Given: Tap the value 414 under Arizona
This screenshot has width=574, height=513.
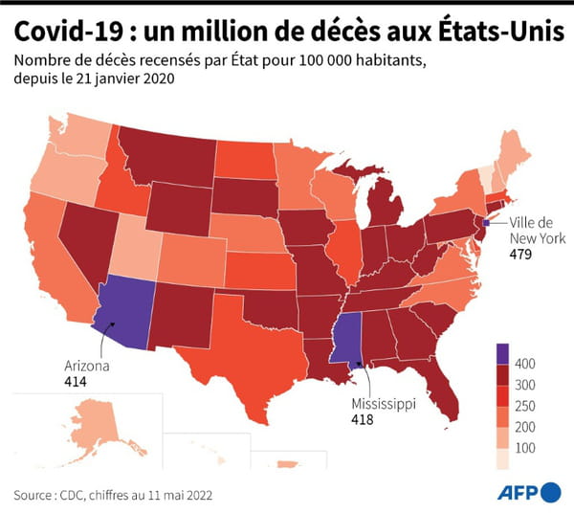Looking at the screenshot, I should pos(76,381).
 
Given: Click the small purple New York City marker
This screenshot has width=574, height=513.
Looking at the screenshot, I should pos(486,222).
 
